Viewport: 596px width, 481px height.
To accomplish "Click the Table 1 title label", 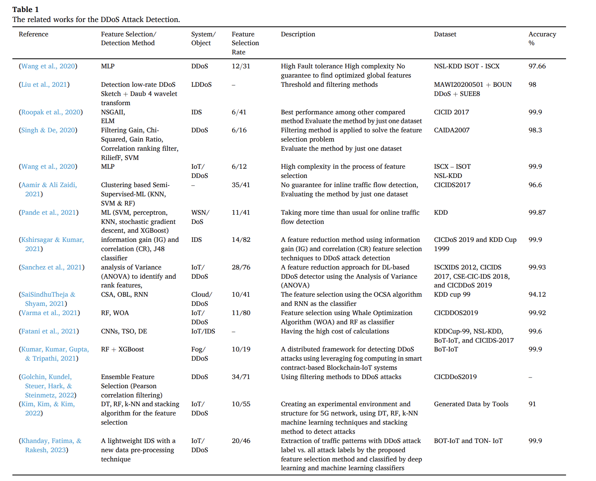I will pyautogui.click(x=26, y=10).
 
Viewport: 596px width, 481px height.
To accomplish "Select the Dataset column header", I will pyautogui.click(x=445, y=34).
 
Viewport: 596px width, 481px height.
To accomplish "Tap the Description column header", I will pyautogui.click(x=298, y=34).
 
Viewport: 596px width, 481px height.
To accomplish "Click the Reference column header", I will pyautogui.click(x=34, y=34).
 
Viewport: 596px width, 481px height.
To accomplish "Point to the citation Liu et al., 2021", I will pyautogui.click(x=44, y=85).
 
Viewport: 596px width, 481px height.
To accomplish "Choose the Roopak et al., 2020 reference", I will pyautogui.click(x=51, y=112).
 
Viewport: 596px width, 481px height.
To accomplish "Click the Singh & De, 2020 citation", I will pyautogui.click(x=48, y=130).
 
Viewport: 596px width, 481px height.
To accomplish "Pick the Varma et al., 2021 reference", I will pyautogui.click(x=49, y=313).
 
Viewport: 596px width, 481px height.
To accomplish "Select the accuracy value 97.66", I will pyautogui.click(x=537, y=66).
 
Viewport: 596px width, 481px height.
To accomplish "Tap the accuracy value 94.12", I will pyautogui.click(x=537, y=295).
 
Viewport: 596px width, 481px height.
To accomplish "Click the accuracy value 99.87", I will pyautogui.click(x=537, y=213).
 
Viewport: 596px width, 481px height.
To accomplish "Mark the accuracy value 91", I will pyautogui.click(x=532, y=404).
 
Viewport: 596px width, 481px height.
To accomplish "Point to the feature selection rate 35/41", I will pyautogui.click(x=241, y=185).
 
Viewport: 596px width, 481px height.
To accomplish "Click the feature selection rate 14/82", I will pyautogui.click(x=241, y=240).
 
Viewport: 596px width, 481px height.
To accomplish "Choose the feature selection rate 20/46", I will pyautogui.click(x=241, y=441).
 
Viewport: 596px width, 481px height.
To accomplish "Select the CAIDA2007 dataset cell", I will pyautogui.click(x=451, y=130).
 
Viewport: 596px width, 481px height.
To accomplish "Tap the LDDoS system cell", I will pyautogui.click(x=201, y=85).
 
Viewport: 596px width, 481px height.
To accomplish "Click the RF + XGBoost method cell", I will pyautogui.click(x=122, y=349).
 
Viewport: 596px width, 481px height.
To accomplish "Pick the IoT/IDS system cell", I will pyautogui.click(x=203, y=331).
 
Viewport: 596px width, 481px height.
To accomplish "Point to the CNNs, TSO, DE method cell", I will pyautogui.click(x=124, y=331).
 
